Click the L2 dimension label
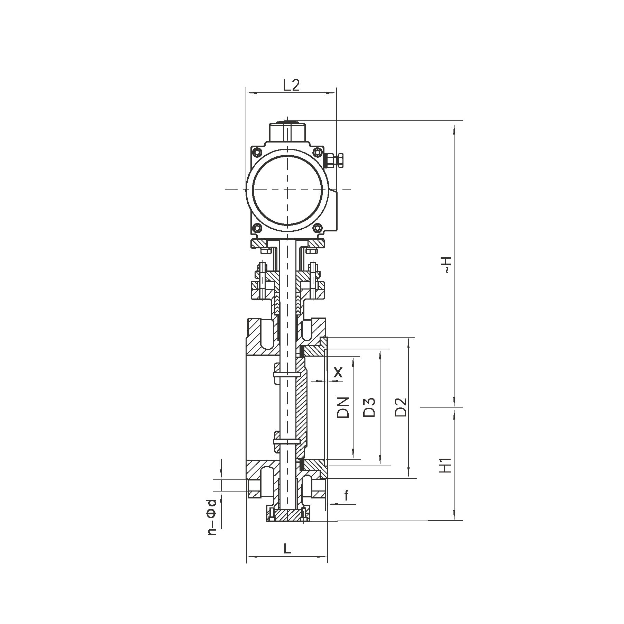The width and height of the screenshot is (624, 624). pos(291,85)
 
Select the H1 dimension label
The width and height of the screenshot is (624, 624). pos(447,465)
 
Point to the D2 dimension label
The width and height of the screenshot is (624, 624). pos(401,407)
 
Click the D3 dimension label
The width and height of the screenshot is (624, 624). pos(370,407)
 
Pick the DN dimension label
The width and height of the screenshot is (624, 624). pos(343,407)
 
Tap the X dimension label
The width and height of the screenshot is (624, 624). pos(338,372)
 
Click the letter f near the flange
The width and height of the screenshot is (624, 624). pos(346,496)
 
